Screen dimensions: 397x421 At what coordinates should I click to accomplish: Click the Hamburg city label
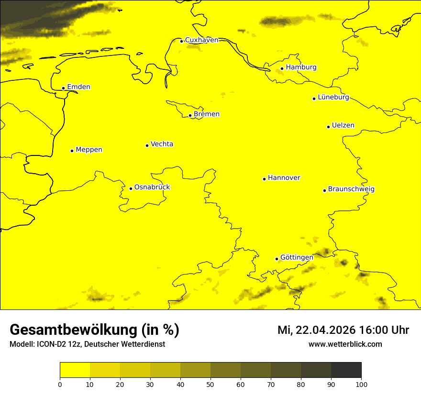pyautogui.click(x=301, y=67)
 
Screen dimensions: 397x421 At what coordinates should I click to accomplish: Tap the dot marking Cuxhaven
pyautogui.click(x=181, y=41)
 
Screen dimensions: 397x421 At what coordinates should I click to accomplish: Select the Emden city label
pyautogui.click(x=78, y=87)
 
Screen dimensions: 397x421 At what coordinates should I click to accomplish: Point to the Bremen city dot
pyautogui.click(x=190, y=115)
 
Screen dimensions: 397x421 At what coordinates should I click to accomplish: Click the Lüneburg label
pyautogui.click(x=333, y=98)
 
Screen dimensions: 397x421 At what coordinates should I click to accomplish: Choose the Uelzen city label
pyautogui.click(x=343, y=126)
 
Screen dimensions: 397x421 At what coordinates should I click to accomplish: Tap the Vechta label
pyautogui.click(x=162, y=144)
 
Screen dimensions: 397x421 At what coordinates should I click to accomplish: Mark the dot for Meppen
pyautogui.click(x=72, y=151)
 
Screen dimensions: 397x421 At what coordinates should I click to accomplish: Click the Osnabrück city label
pyautogui.click(x=152, y=187)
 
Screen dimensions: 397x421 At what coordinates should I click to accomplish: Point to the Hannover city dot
pyautogui.click(x=264, y=179)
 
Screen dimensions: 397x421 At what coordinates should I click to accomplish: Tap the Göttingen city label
pyautogui.click(x=297, y=257)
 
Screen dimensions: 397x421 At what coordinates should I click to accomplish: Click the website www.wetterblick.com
pyautogui.click(x=345, y=344)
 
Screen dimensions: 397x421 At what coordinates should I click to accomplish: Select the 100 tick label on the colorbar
pyautogui.click(x=361, y=384)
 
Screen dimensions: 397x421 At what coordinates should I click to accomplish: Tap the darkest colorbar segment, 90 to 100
pyautogui.click(x=346, y=370)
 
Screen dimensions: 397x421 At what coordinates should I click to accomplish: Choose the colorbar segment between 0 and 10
pyautogui.click(x=75, y=370)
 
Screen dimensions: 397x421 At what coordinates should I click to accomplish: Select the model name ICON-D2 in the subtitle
pyautogui.click(x=51, y=344)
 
